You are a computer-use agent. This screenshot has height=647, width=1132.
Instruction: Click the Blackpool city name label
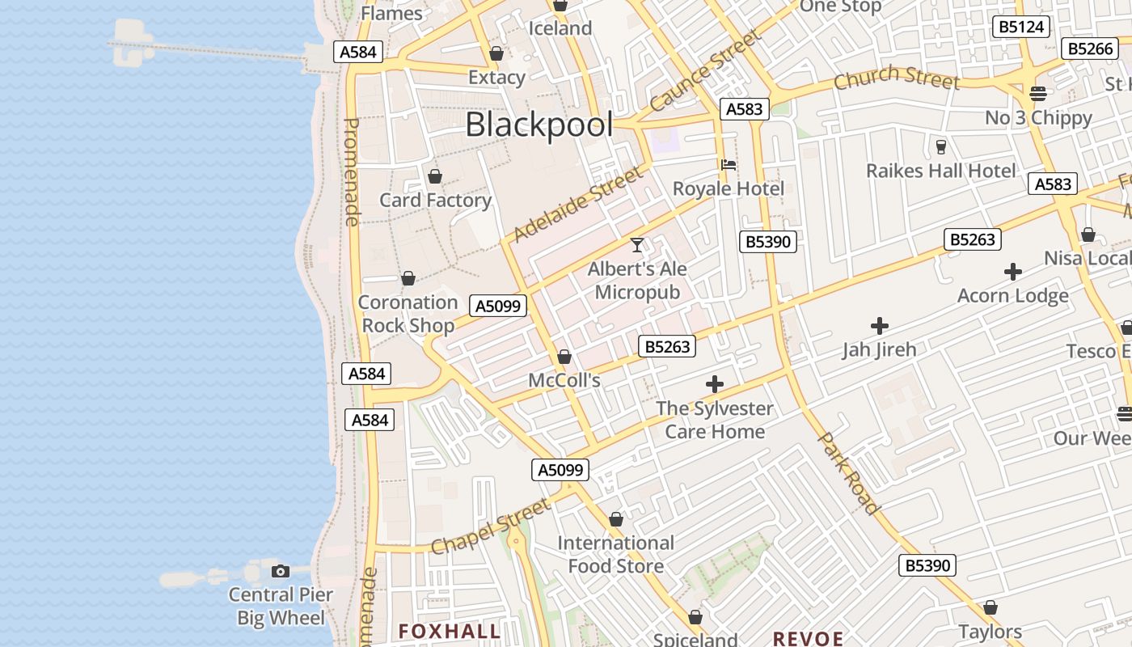(x=539, y=125)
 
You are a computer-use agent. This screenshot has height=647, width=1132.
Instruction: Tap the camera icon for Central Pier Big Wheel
(x=281, y=571)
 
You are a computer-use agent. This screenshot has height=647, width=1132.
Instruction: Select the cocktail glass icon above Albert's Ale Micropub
(x=637, y=244)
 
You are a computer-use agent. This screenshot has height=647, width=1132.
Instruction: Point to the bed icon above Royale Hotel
(x=729, y=165)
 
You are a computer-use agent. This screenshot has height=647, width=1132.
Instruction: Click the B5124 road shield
(x=1021, y=27)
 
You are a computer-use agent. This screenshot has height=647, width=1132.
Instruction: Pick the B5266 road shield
(x=1090, y=49)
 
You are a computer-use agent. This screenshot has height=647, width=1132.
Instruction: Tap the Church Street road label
(x=897, y=78)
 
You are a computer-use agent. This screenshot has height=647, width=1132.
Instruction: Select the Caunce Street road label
(x=706, y=71)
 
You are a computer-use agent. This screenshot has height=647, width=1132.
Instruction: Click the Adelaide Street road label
(x=579, y=204)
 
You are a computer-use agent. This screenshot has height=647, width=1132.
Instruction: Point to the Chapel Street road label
(x=490, y=527)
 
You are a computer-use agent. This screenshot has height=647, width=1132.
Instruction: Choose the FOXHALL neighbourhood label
(x=450, y=632)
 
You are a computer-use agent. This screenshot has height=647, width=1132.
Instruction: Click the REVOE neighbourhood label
(x=809, y=639)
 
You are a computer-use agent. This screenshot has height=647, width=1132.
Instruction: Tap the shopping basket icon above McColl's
(x=564, y=357)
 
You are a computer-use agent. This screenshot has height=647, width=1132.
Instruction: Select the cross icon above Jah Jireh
(x=880, y=326)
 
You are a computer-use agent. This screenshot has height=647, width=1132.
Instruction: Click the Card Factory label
(x=435, y=200)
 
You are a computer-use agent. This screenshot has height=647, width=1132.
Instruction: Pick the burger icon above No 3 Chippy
(x=1038, y=93)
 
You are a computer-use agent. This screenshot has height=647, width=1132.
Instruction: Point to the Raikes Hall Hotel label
(x=941, y=171)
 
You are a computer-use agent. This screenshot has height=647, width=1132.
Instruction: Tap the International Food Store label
(x=616, y=554)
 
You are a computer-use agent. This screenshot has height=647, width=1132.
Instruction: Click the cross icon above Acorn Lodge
(x=1013, y=272)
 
